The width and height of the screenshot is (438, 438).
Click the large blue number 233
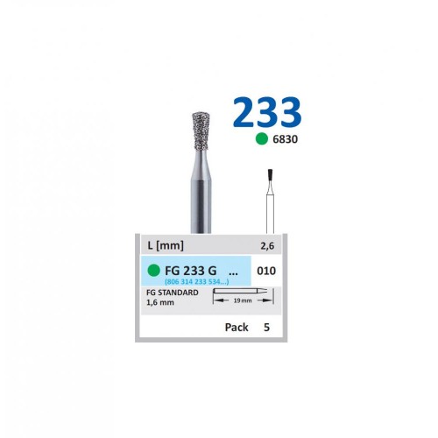point(267,113)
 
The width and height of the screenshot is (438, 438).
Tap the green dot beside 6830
point(260,139)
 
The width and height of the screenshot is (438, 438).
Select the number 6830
point(285,139)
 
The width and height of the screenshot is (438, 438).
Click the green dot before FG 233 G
point(154,270)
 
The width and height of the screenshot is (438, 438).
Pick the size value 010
point(266,272)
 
